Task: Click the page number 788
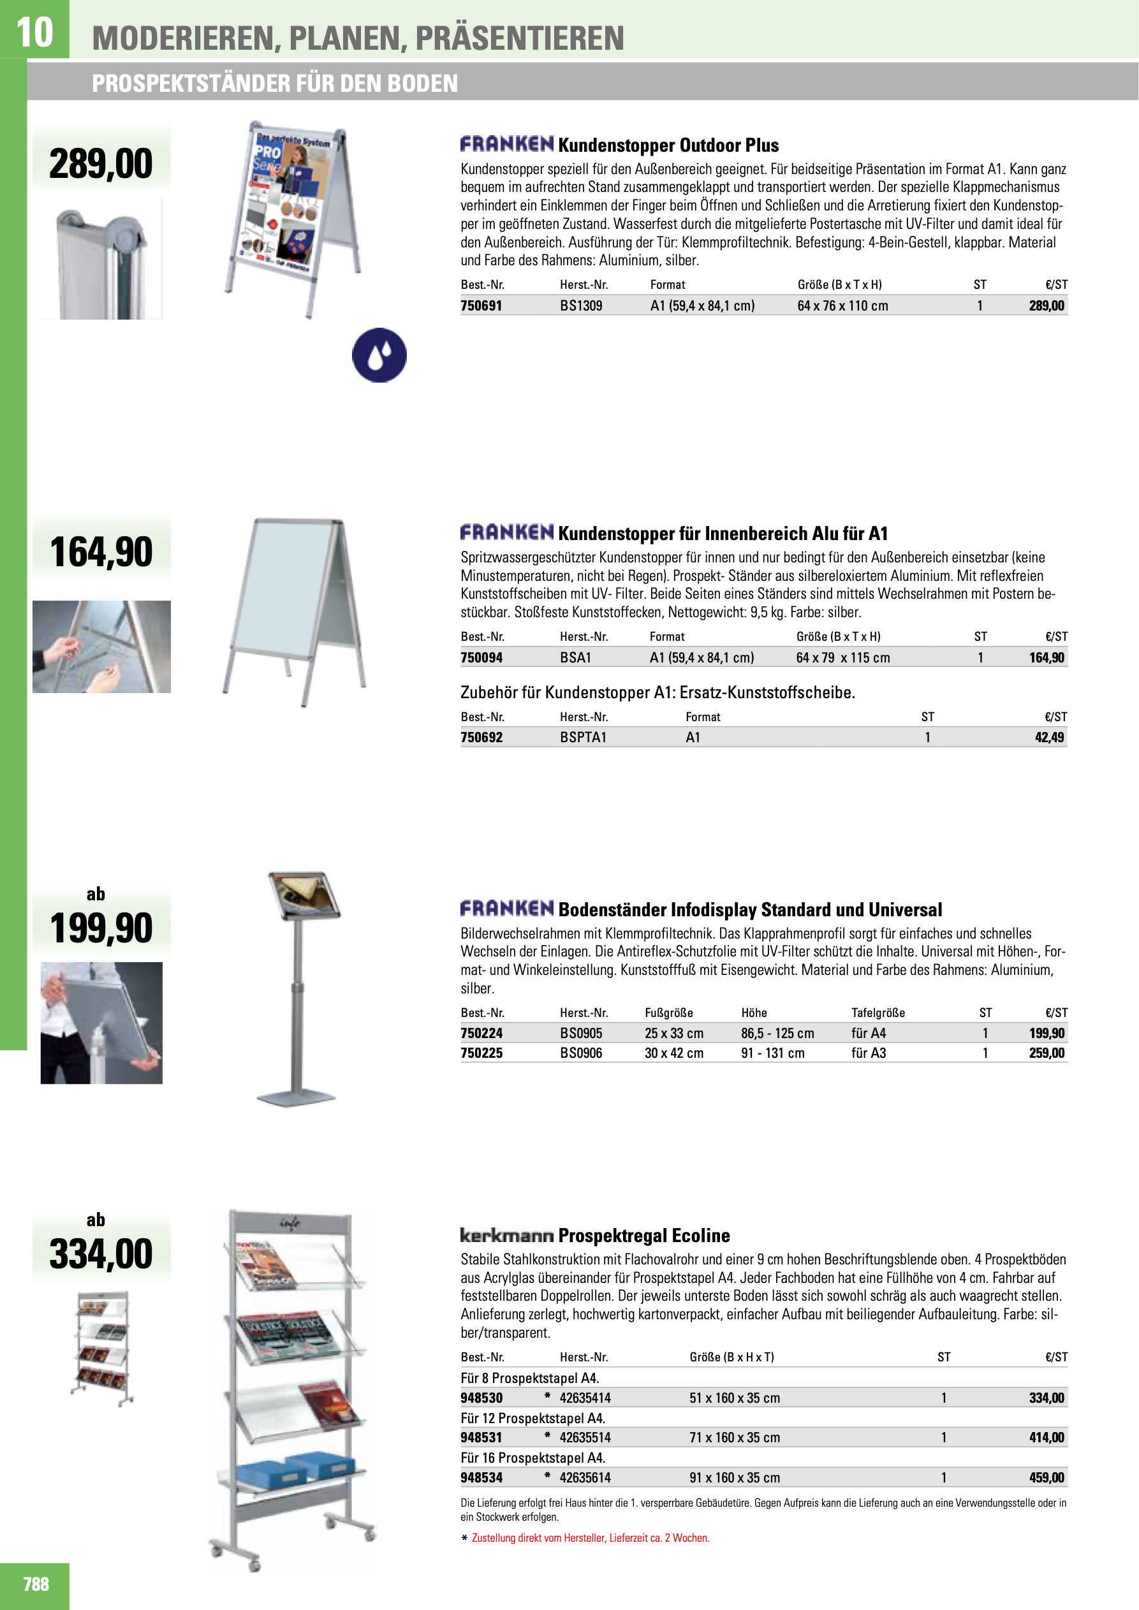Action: [x=36, y=1584]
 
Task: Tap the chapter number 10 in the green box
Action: [x=34, y=31]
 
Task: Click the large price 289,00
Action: [x=101, y=164]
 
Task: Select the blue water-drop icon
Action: [x=379, y=355]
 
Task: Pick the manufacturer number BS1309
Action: [x=581, y=305]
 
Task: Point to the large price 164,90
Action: [x=101, y=552]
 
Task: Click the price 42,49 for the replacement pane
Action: [x=1049, y=737]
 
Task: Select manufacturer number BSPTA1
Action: [x=583, y=737]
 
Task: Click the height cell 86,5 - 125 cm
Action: [x=777, y=1033]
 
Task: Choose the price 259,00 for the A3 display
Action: [x=1047, y=1053]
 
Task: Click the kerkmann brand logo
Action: [x=506, y=1235]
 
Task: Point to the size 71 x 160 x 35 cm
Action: [x=734, y=1437]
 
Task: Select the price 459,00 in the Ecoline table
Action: [x=1047, y=1477]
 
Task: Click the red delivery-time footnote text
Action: [x=591, y=1538]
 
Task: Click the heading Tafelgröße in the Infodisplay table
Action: [x=878, y=1013]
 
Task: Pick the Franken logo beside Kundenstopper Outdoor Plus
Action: [x=506, y=145]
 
